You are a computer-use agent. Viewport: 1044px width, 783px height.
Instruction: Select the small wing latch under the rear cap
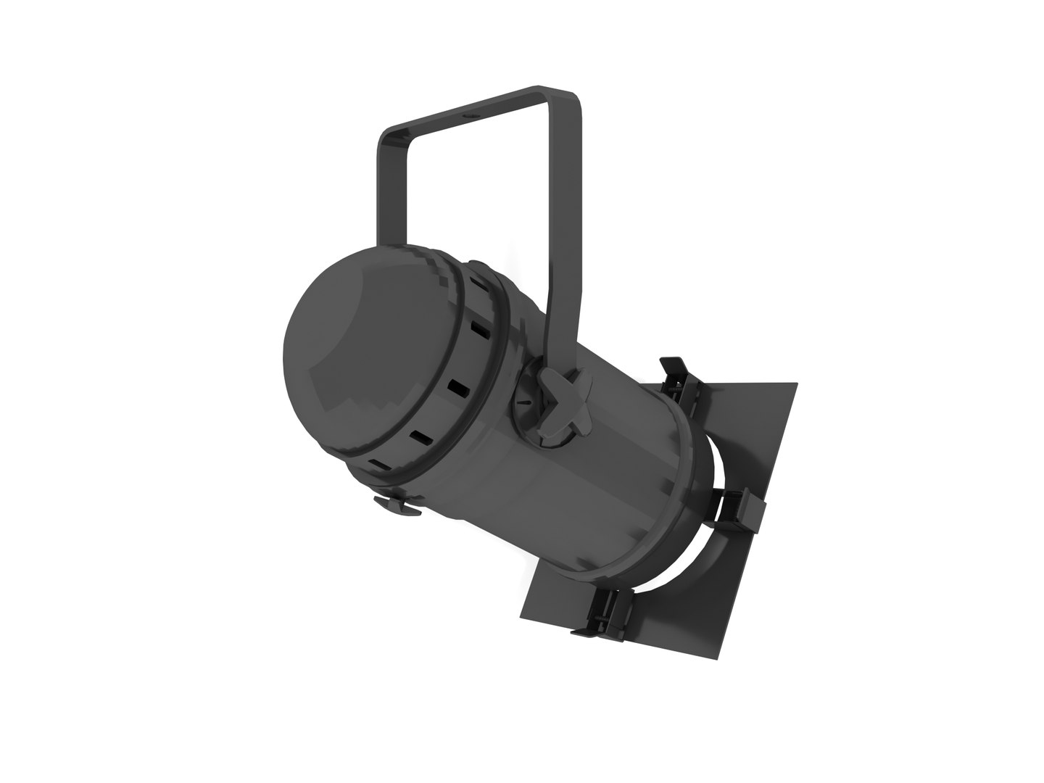[397, 505]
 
